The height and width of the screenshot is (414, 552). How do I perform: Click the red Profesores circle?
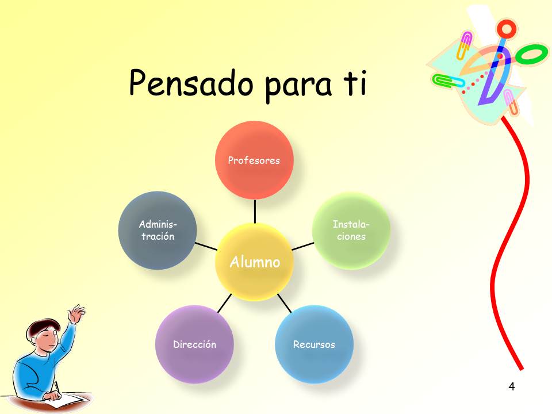tap(254, 160)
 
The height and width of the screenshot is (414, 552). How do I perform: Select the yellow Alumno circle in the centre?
tap(254, 262)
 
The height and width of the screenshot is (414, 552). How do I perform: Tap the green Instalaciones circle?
tap(351, 231)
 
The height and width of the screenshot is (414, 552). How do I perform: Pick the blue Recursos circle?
tap(314, 344)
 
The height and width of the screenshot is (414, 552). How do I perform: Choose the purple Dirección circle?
tap(194, 344)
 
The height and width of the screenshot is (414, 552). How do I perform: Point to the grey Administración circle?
tap(158, 231)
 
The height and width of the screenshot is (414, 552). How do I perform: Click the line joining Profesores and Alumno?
tap(255, 211)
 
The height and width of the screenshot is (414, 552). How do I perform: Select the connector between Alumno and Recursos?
tap(284, 303)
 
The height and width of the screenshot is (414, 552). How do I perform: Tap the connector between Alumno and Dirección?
tap(225, 303)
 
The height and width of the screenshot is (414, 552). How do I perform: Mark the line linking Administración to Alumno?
tap(206, 246)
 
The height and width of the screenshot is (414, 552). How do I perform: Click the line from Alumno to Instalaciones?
tap(303, 246)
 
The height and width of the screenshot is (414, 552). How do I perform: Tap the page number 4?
tap(512, 386)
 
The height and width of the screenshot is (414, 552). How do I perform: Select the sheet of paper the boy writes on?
tap(68, 401)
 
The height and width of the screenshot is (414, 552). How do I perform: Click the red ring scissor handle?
tap(507, 29)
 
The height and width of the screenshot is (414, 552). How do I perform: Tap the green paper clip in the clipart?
tap(448, 81)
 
